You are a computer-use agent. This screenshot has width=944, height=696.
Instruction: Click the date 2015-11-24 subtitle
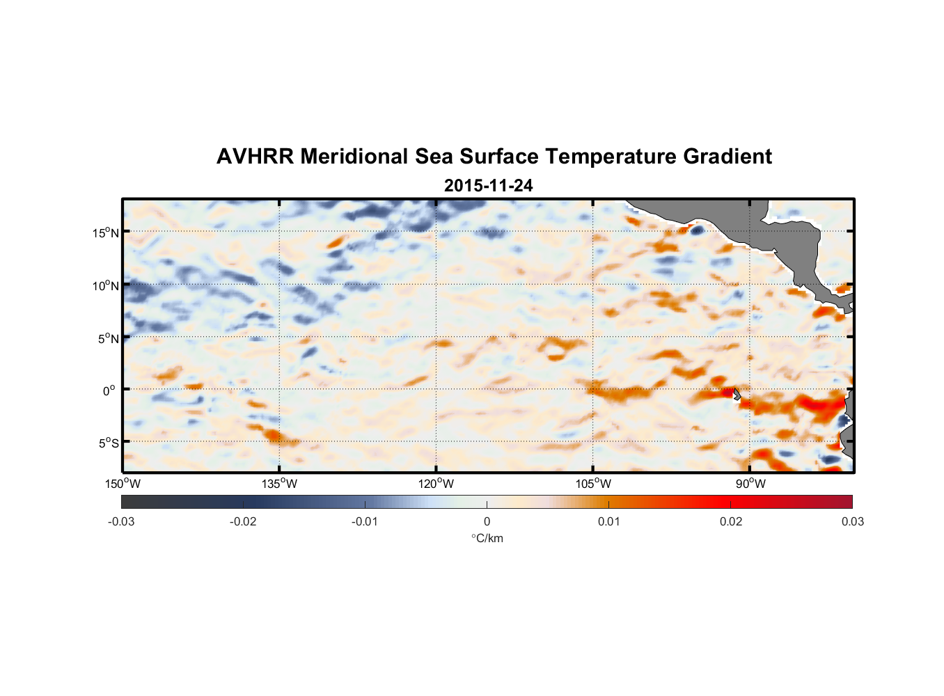488,186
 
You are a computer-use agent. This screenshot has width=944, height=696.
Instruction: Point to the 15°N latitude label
106,232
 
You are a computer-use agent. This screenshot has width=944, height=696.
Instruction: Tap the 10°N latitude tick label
106,285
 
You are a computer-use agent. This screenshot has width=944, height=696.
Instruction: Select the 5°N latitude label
108,338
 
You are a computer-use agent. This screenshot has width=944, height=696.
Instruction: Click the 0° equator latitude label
109,390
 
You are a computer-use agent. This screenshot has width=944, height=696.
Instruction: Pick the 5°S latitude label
108,443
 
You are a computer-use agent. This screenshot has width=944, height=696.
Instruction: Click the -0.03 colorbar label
121,522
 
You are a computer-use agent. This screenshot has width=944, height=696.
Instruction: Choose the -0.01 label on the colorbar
365,522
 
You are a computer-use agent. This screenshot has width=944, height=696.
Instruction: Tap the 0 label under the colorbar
487,522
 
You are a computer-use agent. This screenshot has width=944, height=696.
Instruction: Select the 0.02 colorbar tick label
731,522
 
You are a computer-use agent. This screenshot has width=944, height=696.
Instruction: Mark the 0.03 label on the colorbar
852,522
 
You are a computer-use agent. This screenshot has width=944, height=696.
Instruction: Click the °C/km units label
487,538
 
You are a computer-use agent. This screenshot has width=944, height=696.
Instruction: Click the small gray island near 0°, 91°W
737,394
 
